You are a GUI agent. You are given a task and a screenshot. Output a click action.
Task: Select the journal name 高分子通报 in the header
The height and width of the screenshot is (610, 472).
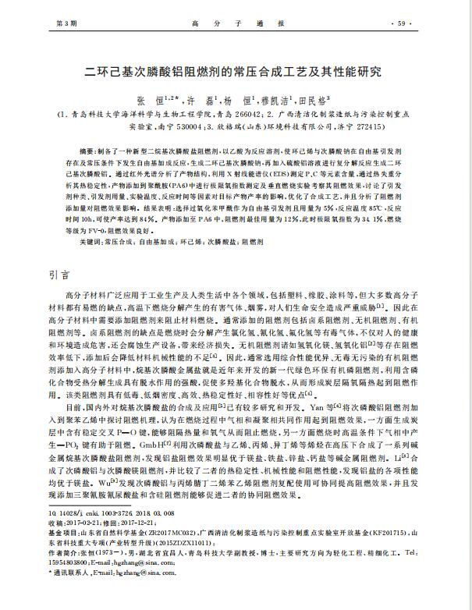point(235,23)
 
